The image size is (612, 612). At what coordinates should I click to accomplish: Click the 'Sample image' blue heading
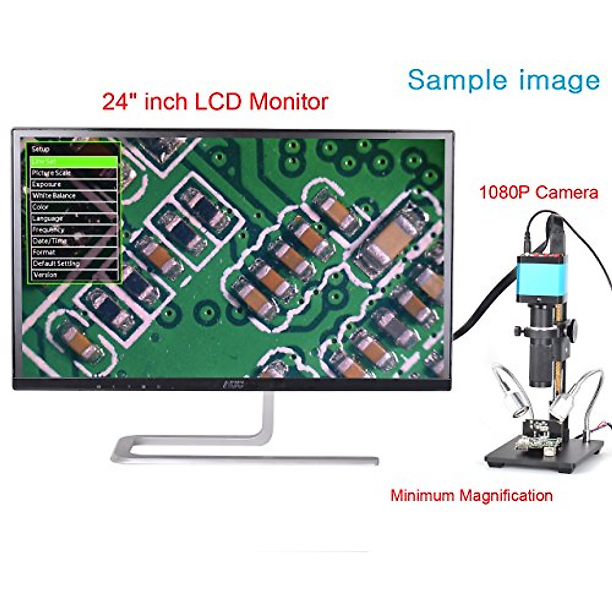pos(503,80)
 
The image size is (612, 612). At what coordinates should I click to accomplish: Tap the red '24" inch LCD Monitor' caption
pos(215,101)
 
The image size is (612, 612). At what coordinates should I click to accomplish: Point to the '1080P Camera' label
pos(538,192)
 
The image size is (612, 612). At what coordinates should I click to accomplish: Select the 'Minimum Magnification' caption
pos(471,495)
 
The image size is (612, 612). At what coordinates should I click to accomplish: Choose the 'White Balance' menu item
pos(54,196)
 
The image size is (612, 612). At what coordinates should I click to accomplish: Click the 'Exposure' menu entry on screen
pos(46,184)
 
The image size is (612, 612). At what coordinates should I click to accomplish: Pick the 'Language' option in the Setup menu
pos(48,218)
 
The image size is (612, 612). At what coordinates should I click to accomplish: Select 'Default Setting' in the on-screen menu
pos(56,264)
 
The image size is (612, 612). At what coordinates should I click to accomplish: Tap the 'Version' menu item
pos(45,275)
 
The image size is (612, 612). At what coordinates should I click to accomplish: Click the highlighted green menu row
pos(73,161)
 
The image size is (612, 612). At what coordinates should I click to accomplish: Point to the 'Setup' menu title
pos(41,149)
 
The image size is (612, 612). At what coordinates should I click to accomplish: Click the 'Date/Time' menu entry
pos(49,241)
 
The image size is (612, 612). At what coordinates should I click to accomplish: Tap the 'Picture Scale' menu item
pos(52,173)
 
